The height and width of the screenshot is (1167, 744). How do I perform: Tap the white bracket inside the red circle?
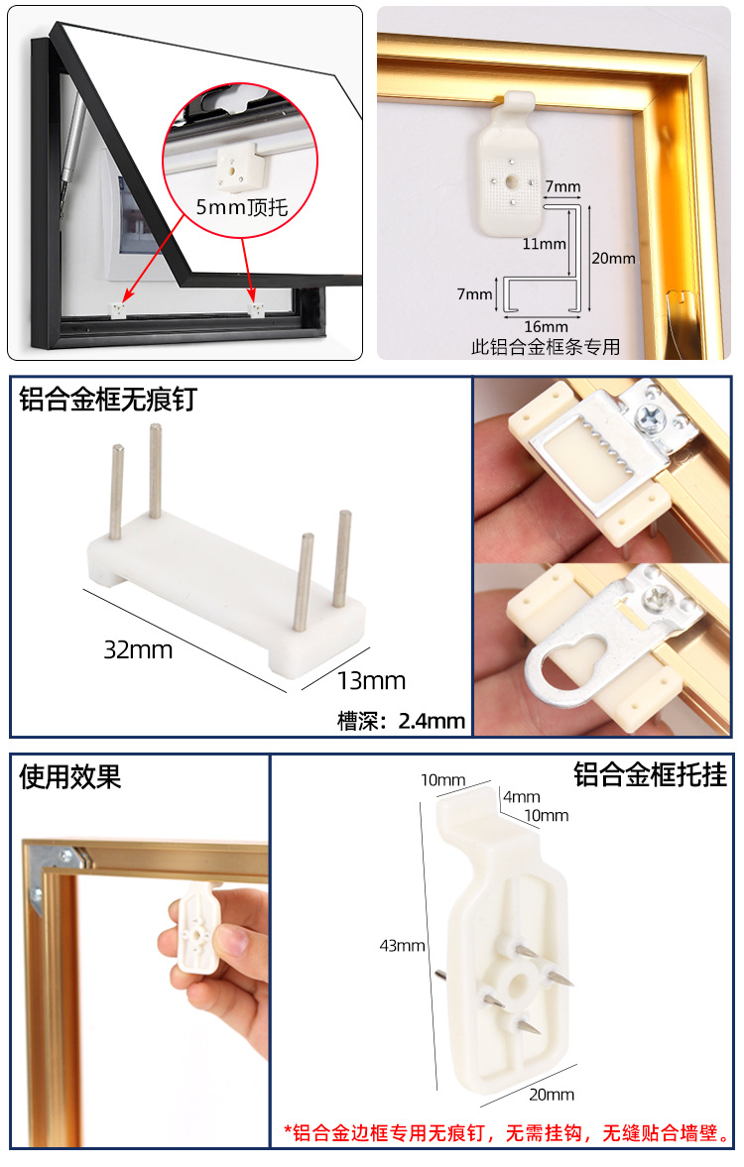[235, 166]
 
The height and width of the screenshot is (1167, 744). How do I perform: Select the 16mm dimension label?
[546, 326]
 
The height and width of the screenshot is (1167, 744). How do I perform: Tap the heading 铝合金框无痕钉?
[108, 400]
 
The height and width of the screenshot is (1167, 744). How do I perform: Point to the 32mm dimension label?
[138, 650]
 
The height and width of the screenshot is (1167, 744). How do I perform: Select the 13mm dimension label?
[371, 680]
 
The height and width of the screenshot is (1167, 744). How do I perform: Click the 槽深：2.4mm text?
[401, 721]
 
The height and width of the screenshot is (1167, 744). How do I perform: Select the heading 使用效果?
[70, 776]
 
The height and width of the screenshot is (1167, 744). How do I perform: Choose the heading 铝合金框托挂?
[650, 775]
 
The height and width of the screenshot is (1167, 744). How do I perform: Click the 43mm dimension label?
[402, 945]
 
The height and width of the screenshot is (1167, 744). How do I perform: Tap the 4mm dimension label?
[521, 796]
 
